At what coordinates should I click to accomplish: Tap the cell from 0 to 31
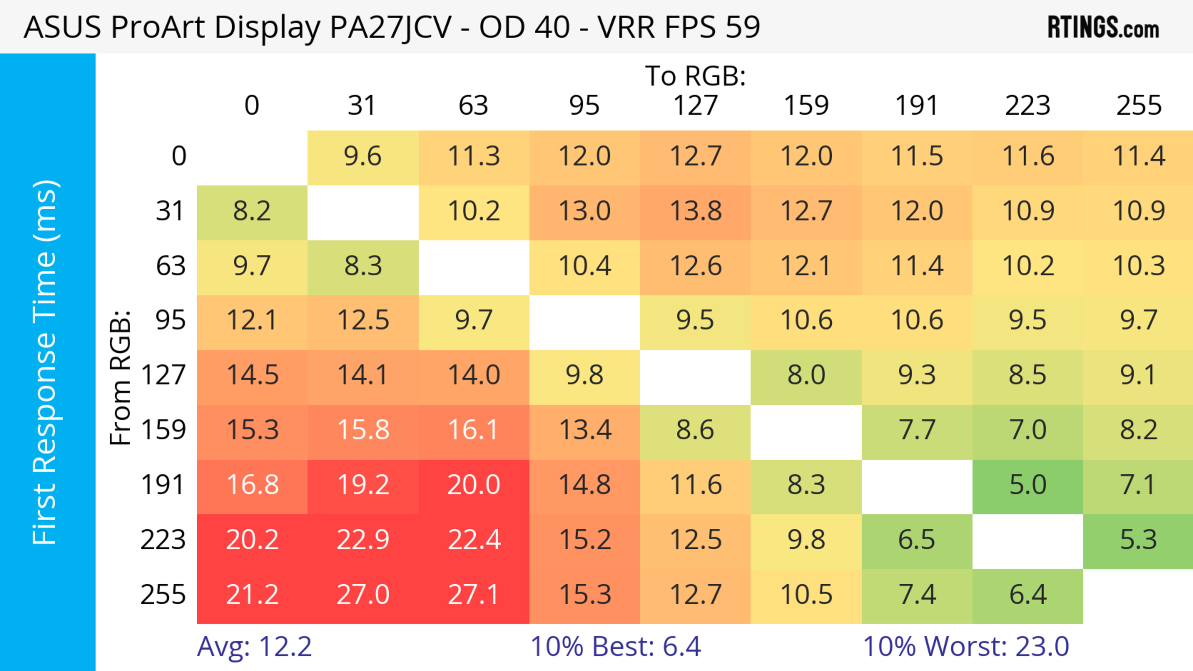tap(363, 156)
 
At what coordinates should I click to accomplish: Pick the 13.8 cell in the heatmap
tap(695, 211)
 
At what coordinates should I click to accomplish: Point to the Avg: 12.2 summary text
tap(254, 646)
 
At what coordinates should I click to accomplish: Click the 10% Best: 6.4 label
tap(615, 646)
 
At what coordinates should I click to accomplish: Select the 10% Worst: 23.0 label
tap(966, 646)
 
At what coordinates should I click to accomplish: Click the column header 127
tap(695, 106)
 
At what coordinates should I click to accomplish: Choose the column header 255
tap(1138, 106)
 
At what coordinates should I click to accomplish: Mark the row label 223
tap(163, 540)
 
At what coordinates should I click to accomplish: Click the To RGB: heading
tap(695, 76)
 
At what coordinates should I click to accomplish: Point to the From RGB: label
tap(121, 378)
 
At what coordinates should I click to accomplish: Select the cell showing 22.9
tap(363, 540)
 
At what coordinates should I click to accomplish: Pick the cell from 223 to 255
tap(1138, 540)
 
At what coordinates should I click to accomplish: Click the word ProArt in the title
tap(158, 27)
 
